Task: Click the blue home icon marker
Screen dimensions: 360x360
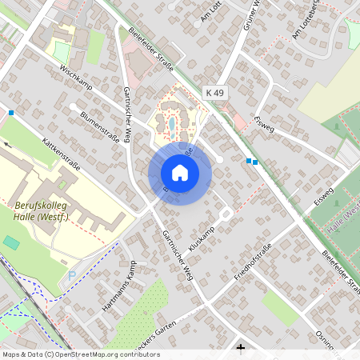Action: [180, 173]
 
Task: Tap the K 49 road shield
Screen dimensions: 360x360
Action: [214, 93]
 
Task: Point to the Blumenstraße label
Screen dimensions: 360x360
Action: [99, 126]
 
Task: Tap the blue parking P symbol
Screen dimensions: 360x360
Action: [73, 275]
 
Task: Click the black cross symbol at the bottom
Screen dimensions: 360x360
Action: [241, 347]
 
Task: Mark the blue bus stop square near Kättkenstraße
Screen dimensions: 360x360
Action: [11, 113]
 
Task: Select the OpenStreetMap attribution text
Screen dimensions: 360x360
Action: [80, 354]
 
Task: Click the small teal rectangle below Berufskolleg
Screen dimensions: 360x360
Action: [11, 241]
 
